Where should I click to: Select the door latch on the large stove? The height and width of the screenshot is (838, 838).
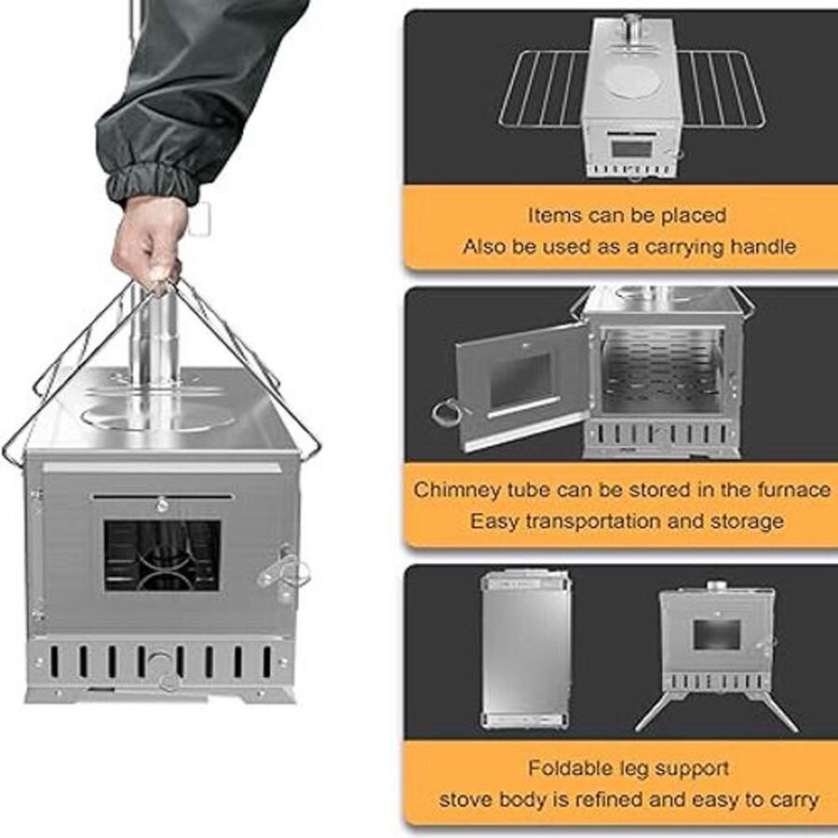pos(282,568)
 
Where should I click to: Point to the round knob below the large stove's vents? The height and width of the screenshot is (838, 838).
pos(162,664)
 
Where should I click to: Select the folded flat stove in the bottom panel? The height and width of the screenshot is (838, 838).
pos(526,649)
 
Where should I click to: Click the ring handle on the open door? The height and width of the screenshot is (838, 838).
pos(449,410)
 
